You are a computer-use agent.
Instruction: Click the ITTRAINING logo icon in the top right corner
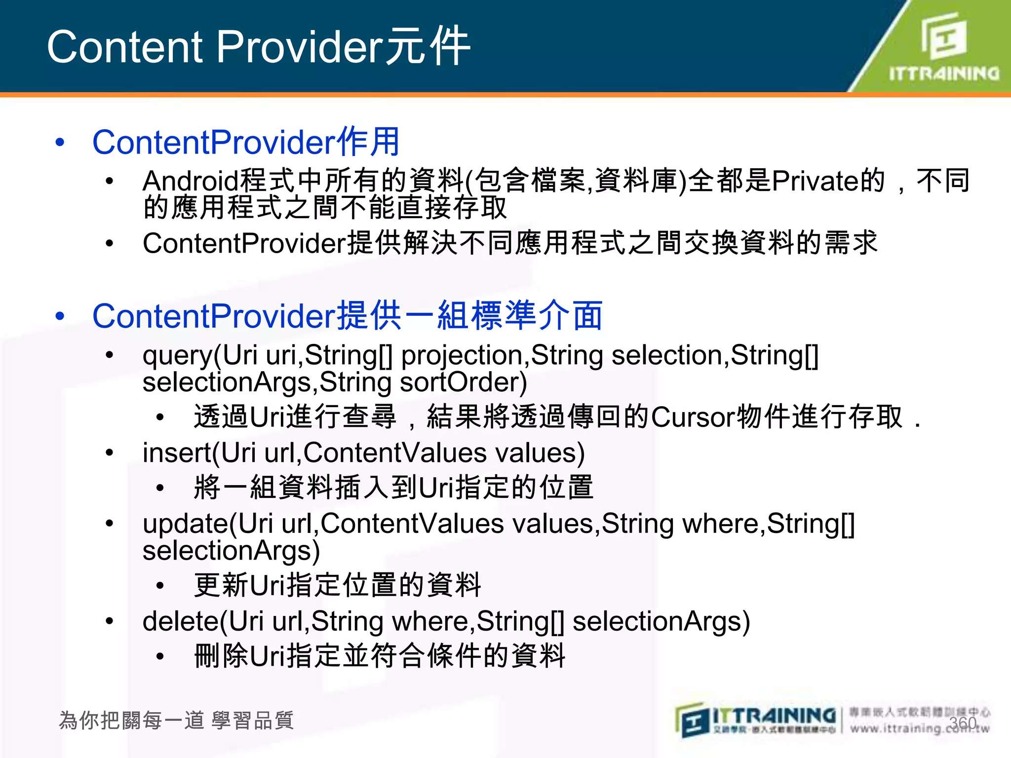tap(944, 37)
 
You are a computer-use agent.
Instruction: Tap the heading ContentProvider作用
tap(245, 142)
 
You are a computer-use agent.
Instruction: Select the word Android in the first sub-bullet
tap(191, 181)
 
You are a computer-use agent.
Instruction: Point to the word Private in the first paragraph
tap(815, 181)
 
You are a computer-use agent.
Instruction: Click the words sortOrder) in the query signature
tap(463, 383)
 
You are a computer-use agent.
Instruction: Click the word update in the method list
tap(185, 524)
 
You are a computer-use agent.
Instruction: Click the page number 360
tap(963, 723)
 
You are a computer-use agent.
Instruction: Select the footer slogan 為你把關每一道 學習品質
tap(176, 720)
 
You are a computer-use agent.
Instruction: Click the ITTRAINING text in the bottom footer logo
tap(774, 716)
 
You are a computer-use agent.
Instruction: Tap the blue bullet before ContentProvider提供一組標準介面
tap(60, 316)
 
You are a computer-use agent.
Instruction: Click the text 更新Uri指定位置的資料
tap(337, 586)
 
